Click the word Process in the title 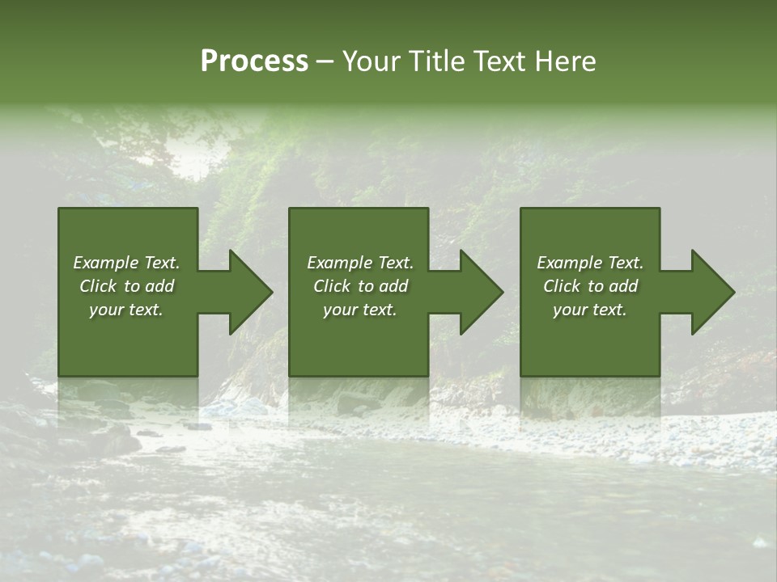pos(254,61)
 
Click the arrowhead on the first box pos(247,292)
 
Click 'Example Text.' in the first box pos(126,263)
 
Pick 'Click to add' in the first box pos(126,286)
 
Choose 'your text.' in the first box pos(126,310)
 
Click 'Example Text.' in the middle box pos(360,263)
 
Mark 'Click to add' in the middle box pos(360,286)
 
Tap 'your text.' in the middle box pos(360,310)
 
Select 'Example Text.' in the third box pos(590,263)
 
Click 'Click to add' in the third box pos(590,286)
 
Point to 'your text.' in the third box pos(590,310)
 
